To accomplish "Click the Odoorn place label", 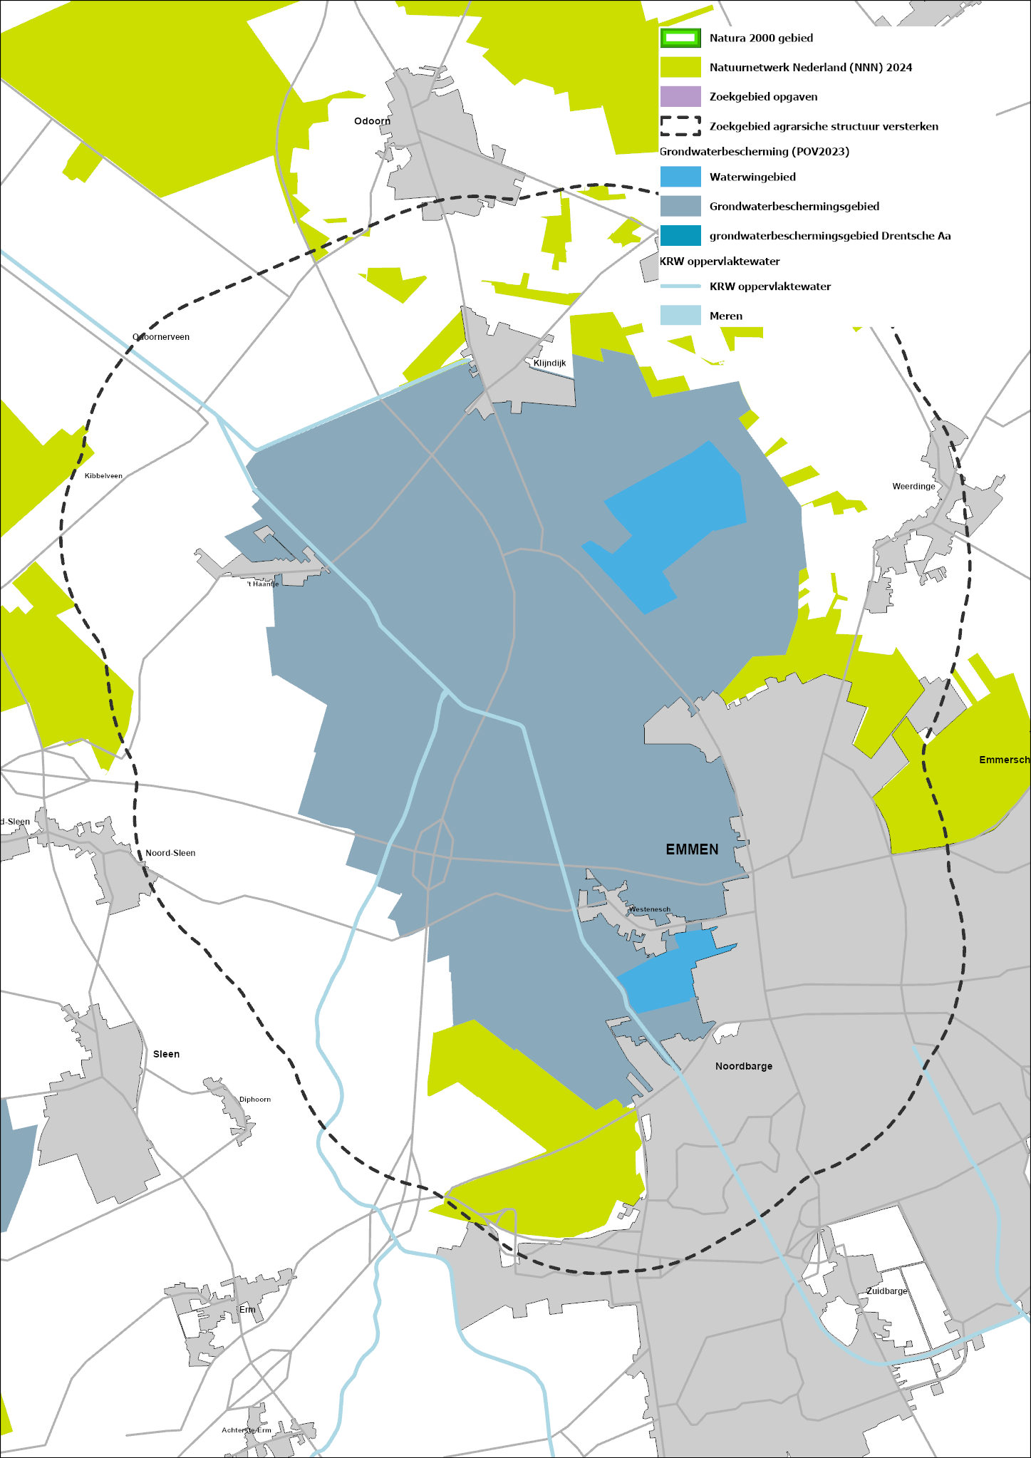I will pos(372,121).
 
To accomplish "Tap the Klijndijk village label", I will pos(549,363).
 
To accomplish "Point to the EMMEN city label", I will pos(692,849).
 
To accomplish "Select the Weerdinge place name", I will pos(913,486).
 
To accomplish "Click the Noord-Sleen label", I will pos(170,853).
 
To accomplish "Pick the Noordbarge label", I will pos(744,1066).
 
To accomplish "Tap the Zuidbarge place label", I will pos(887,1291).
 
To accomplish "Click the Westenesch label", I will pos(649,909).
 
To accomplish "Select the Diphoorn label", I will pos(254,1099).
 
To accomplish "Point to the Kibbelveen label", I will pos(103,475).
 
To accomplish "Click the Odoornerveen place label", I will pos(161,337).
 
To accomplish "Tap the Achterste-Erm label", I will pos(247,1430).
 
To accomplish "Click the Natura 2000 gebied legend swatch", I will pos(680,38).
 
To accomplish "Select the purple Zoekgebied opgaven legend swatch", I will pos(680,96).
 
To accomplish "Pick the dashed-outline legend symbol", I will pos(680,126).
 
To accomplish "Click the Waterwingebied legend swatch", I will pos(680,177).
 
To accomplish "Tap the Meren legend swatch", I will pos(680,316).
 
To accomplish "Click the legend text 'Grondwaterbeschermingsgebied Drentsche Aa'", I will pos(830,236).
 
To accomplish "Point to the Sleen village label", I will pos(166,1054).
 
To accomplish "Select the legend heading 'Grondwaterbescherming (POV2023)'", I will pos(755,151).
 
